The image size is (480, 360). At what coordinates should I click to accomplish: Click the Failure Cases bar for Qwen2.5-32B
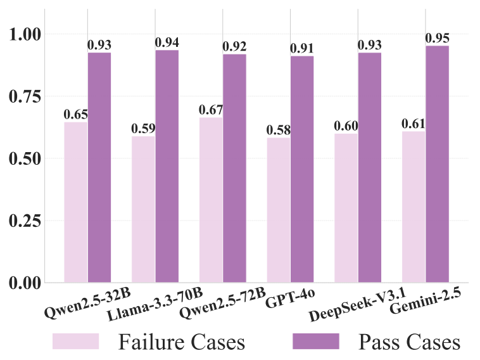click(x=76, y=202)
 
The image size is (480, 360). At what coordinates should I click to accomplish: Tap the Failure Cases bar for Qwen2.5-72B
click(x=211, y=200)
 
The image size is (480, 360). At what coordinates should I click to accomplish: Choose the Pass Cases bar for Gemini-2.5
click(x=437, y=164)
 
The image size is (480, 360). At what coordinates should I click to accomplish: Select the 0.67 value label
click(x=211, y=110)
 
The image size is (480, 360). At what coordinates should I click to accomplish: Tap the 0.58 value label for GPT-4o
click(x=279, y=129)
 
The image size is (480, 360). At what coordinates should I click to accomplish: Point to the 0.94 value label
click(x=167, y=42)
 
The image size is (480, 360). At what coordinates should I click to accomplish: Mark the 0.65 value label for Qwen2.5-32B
click(x=75, y=114)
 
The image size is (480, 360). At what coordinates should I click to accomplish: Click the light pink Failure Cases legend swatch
click(x=75, y=342)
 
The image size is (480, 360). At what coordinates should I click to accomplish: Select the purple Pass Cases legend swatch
click(x=316, y=342)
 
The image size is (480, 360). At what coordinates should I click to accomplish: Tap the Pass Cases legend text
click(x=409, y=342)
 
